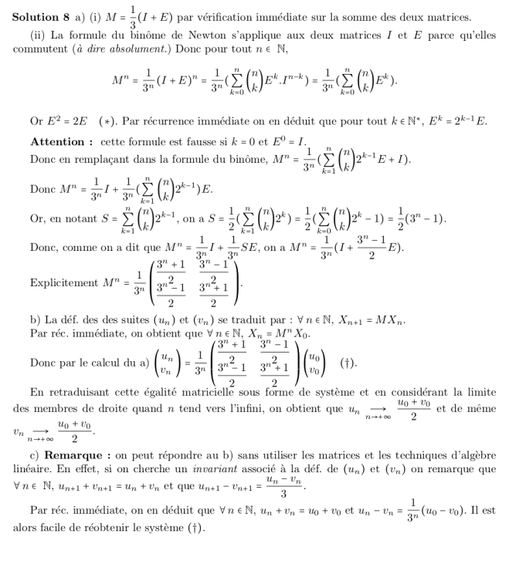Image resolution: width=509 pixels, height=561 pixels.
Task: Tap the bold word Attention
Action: [x=59, y=141]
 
